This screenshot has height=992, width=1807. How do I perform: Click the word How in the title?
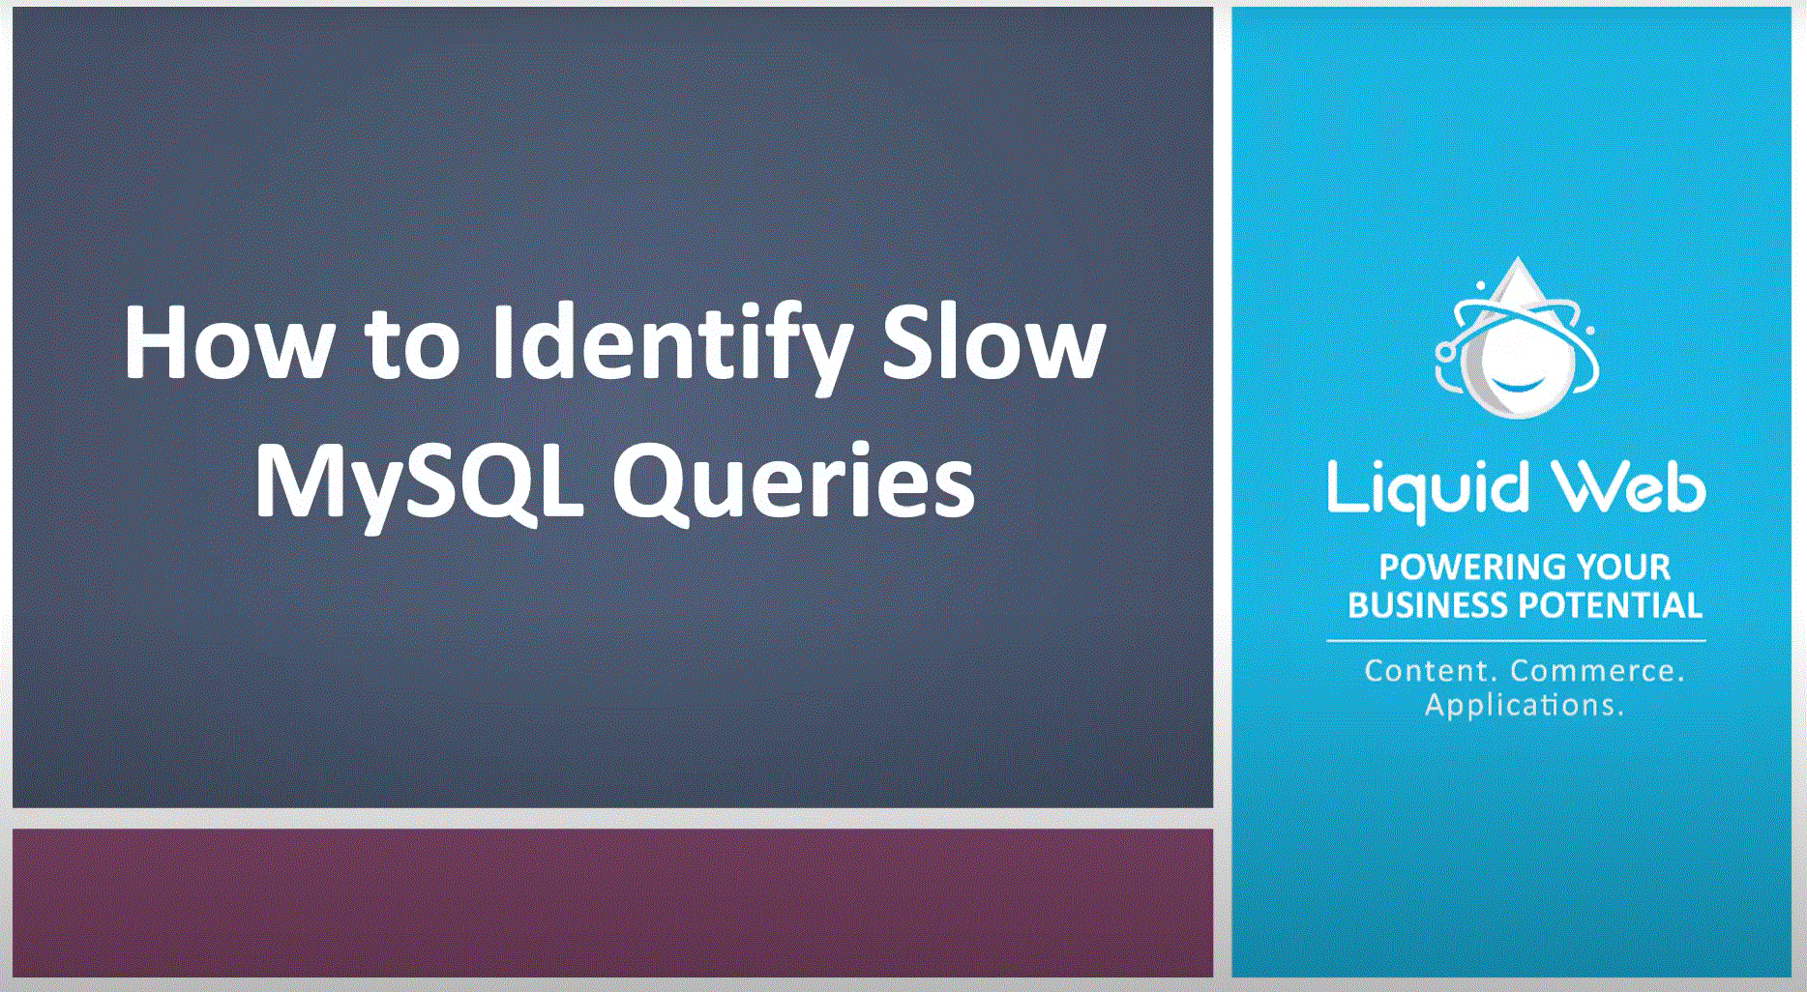click(229, 342)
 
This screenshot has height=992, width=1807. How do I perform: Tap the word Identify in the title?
click(672, 348)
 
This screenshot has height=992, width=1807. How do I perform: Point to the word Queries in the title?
click(793, 483)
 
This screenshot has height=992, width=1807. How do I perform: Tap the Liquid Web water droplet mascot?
click(1517, 337)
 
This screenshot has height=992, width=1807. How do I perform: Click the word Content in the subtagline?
click(1432, 670)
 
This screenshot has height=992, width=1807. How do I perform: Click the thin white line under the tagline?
click(1516, 640)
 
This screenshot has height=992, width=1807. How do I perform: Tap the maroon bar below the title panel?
click(612, 902)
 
